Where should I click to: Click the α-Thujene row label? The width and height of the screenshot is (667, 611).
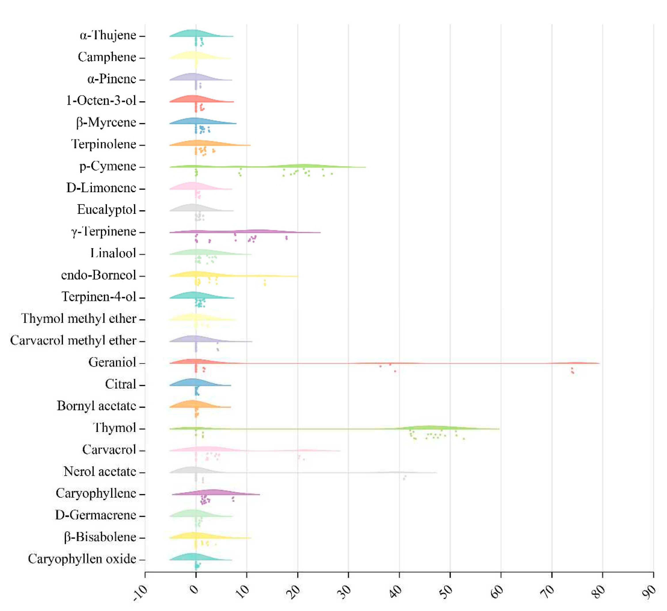pyautogui.click(x=108, y=35)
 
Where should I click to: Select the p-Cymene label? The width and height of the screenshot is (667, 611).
pyautogui.click(x=108, y=166)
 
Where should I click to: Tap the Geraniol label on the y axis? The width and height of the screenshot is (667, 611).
pyautogui.click(x=112, y=363)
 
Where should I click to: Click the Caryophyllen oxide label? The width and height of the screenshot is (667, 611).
pyautogui.click(x=82, y=559)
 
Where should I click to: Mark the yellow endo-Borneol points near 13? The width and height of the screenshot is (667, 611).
pyautogui.click(x=265, y=282)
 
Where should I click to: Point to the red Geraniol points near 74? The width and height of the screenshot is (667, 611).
pyautogui.click(x=572, y=371)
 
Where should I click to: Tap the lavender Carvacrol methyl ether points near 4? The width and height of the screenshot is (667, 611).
pyautogui.click(x=218, y=347)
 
